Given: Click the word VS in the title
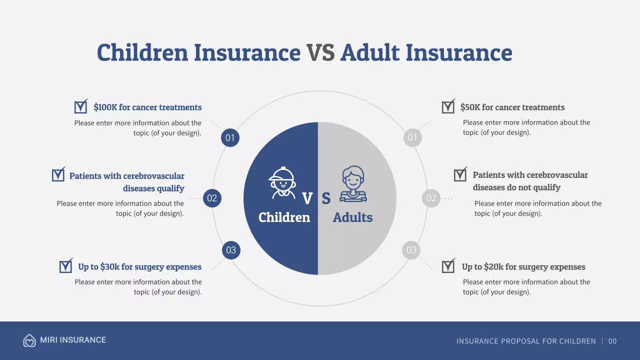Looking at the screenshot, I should pyautogui.click(x=320, y=53).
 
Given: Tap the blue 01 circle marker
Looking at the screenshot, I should pyautogui.click(x=230, y=138).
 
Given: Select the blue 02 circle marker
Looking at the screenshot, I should pyautogui.click(x=212, y=198).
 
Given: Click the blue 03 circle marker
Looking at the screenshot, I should pyautogui.click(x=231, y=250).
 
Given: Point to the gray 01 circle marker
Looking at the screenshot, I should pyautogui.click(x=412, y=137).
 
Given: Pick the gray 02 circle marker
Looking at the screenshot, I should pyautogui.click(x=431, y=198).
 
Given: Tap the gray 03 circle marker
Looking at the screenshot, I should pyautogui.click(x=411, y=250).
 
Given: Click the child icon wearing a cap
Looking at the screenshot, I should pyautogui.click(x=282, y=182).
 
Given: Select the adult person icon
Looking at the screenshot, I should pyautogui.click(x=353, y=183).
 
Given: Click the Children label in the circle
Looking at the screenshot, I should pyautogui.click(x=284, y=217).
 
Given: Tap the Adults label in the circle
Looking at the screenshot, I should pyautogui.click(x=352, y=217).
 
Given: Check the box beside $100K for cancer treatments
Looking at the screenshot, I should pyautogui.click(x=80, y=107).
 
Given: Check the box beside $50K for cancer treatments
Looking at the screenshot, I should pyautogui.click(x=448, y=107).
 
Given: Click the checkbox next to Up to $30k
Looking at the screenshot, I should pyautogui.click(x=65, y=266).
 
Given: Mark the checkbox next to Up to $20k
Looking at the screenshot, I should pyautogui.click(x=448, y=266).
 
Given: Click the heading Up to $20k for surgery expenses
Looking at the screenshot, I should pyautogui.click(x=523, y=267).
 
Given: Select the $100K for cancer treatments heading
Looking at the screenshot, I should pyautogui.click(x=147, y=107).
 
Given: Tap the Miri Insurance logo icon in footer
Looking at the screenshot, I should pyautogui.click(x=29, y=340).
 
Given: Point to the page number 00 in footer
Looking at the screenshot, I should pyautogui.click(x=612, y=341).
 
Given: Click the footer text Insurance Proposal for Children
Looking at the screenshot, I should pyautogui.click(x=526, y=341).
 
